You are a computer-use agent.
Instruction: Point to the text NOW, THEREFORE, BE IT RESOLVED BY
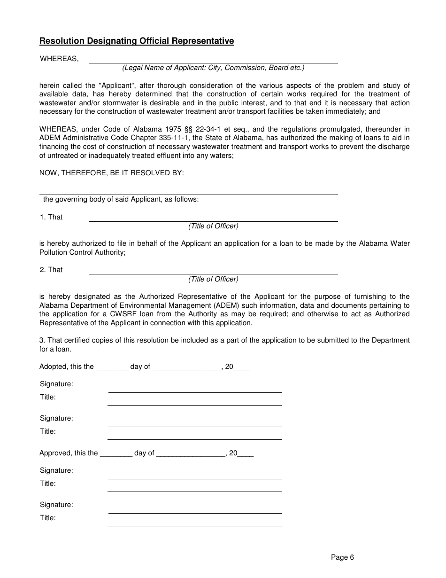(112, 173)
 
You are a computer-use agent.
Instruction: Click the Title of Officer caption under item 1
(213, 226)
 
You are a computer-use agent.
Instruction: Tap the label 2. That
(51, 270)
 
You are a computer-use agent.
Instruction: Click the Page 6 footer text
(342, 557)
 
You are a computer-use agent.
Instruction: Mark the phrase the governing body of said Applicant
(121, 199)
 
